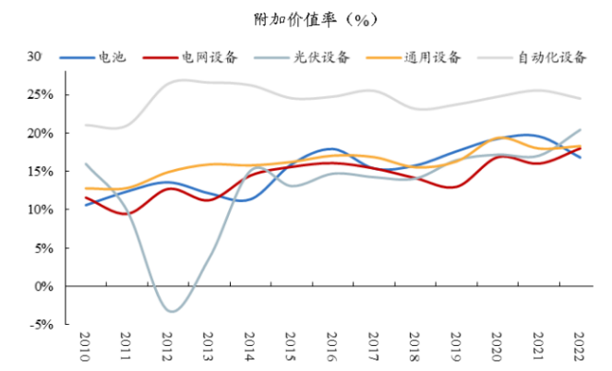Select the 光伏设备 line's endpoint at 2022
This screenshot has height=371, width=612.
pyautogui.click(x=580, y=130)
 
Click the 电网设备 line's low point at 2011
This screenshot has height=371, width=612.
pyautogui.click(x=126, y=214)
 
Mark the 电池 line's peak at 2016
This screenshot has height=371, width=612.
pyautogui.click(x=331, y=149)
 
